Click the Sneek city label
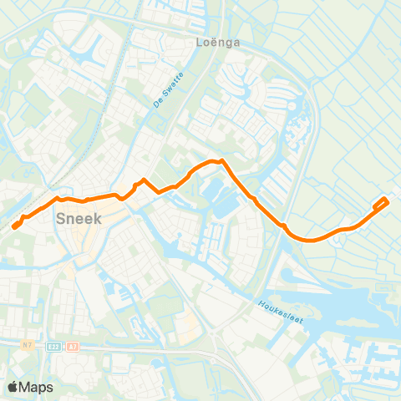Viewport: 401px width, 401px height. point(78,220)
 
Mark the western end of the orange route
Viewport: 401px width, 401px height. point(14,226)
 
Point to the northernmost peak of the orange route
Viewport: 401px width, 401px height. point(221,160)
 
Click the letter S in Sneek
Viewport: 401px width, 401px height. point(60,220)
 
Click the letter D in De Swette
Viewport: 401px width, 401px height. point(156,105)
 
